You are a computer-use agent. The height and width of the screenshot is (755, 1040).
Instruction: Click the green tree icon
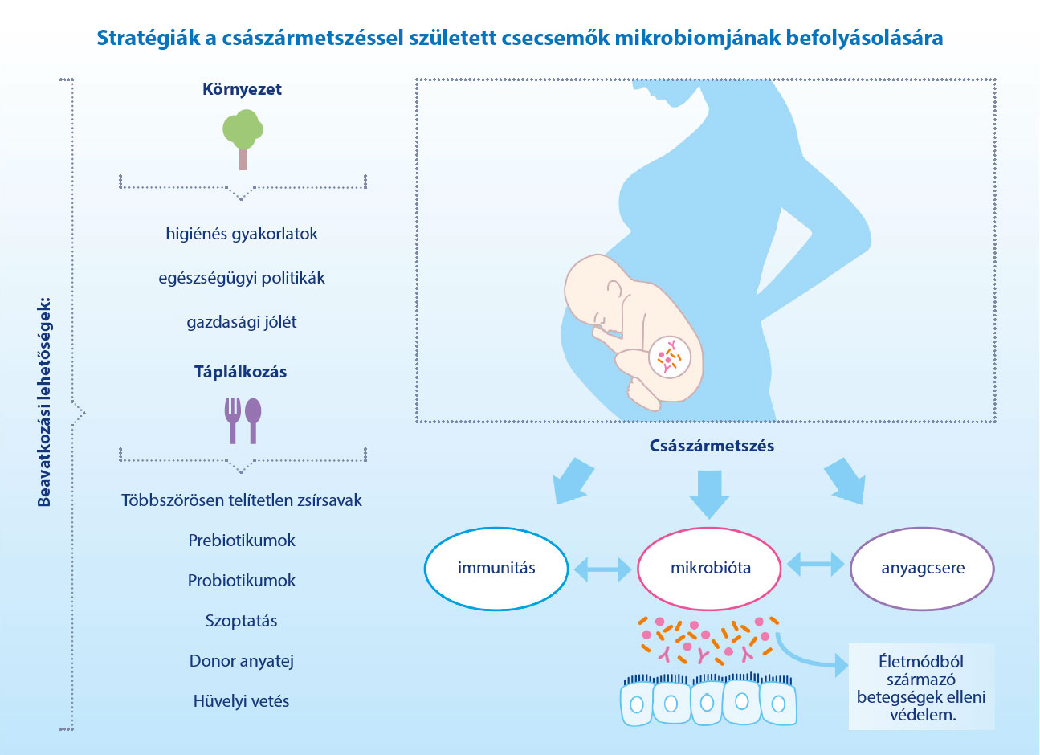click(243, 139)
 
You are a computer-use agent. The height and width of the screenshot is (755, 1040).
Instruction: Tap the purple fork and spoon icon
click(243, 421)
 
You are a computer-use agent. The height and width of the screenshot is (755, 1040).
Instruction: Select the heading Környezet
click(242, 89)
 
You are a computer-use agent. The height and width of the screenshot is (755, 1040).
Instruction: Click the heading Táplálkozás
click(240, 371)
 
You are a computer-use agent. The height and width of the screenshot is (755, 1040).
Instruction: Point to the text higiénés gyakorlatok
click(242, 234)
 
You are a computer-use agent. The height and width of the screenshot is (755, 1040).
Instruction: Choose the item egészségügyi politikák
click(242, 278)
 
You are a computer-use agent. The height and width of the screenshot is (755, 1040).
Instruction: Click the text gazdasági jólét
click(242, 322)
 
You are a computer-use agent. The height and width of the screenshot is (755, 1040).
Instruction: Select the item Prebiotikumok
click(242, 540)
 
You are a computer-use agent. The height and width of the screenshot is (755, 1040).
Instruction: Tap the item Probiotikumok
click(242, 581)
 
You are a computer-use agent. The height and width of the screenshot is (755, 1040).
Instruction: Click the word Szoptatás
click(242, 621)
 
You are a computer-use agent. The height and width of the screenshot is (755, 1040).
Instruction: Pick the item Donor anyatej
click(242, 661)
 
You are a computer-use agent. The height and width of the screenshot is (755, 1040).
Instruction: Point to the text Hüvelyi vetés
click(242, 700)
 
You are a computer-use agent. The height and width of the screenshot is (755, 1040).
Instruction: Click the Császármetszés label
click(712, 446)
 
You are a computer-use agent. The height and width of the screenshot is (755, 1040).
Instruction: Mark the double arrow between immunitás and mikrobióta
click(602, 569)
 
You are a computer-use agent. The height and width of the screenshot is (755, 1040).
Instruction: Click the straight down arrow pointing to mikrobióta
click(709, 495)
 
